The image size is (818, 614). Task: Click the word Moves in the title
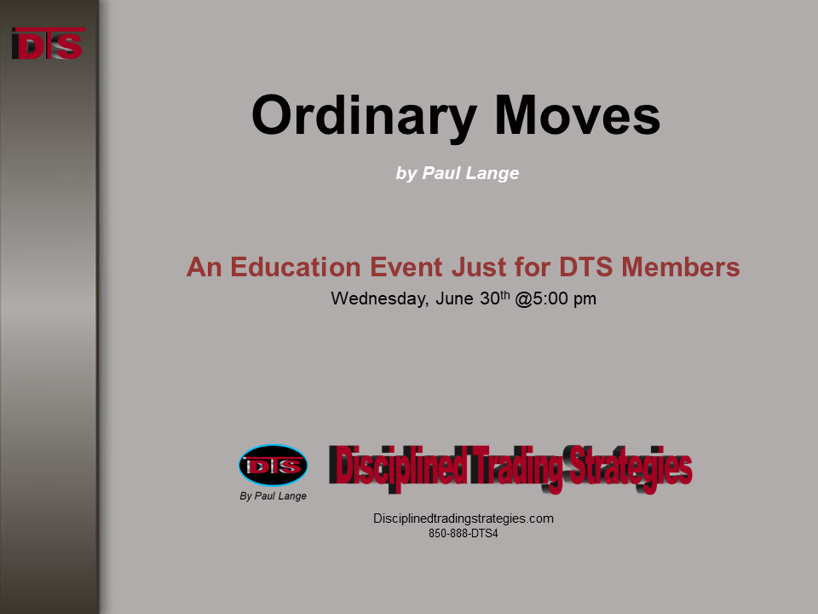(578, 115)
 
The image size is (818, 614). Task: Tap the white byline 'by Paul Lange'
(458, 173)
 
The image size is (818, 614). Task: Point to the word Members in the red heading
(680, 267)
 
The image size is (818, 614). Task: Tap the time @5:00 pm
(556, 298)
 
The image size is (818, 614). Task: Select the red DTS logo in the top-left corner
(48, 43)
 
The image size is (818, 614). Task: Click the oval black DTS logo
(274, 466)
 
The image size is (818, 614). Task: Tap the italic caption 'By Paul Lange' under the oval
(273, 496)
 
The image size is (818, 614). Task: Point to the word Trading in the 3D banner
(516, 467)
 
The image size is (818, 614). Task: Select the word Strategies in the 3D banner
(629, 468)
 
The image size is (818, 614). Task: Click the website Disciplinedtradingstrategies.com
(464, 518)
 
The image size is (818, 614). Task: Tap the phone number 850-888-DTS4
(464, 534)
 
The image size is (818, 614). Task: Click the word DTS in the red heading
(586, 267)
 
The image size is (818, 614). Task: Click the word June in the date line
(455, 298)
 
